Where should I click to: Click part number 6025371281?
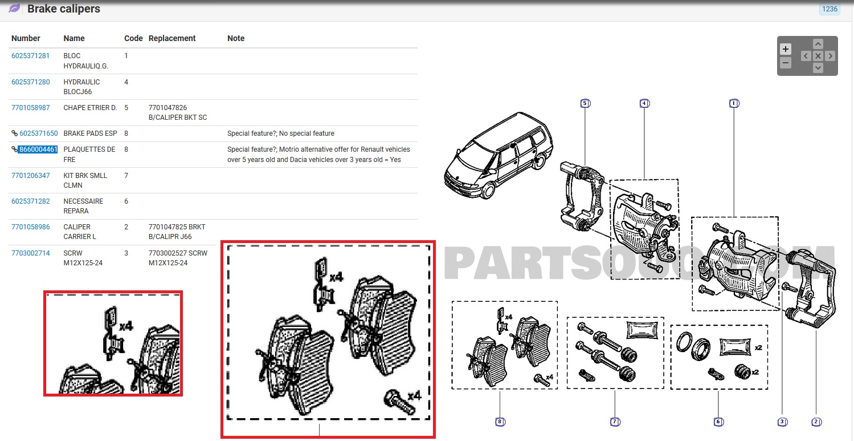[x=31, y=56]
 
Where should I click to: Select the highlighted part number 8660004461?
[x=38, y=149]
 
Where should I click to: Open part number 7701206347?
[x=31, y=176]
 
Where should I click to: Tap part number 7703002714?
[x=31, y=253]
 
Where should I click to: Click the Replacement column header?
[x=172, y=38]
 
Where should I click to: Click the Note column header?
[x=236, y=38]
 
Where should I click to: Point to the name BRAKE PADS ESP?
[x=91, y=133]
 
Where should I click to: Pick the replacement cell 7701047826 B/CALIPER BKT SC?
[x=178, y=112]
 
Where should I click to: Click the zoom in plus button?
[x=786, y=49]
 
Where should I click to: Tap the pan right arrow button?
[x=830, y=56]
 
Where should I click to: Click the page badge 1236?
[x=830, y=9]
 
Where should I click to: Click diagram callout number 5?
[x=585, y=103]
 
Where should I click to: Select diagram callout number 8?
[x=500, y=422]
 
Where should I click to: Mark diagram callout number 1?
[x=734, y=103]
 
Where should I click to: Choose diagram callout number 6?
[x=718, y=422]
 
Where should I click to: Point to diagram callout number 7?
[x=615, y=422]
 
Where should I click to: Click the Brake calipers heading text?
[x=64, y=9]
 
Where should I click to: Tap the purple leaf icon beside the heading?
[x=14, y=9]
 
